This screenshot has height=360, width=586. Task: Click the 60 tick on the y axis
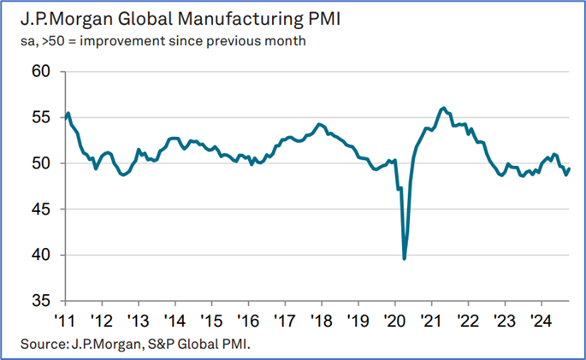[x=41, y=71]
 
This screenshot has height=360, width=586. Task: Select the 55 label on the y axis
[x=41, y=117]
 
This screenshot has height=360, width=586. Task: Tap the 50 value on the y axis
[x=41, y=163]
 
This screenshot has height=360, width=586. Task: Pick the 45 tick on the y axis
[x=41, y=210]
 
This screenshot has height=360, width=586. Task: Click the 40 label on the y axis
[x=41, y=256]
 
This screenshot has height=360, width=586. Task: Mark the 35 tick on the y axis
[x=41, y=301]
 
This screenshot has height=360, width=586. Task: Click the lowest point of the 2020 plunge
[x=404, y=258]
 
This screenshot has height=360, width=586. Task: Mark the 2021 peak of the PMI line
[x=442, y=108]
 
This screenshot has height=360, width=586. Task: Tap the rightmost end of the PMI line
[x=570, y=168]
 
